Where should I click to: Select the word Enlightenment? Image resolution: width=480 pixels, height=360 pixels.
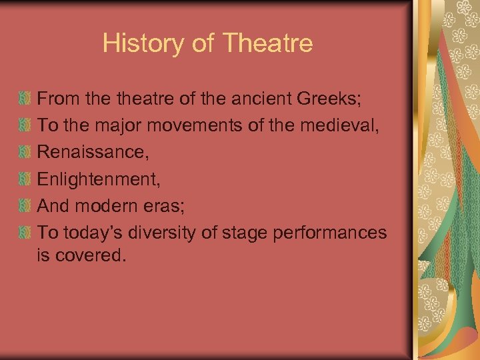click(x=97, y=179)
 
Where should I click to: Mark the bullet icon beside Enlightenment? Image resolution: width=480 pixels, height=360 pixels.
click(x=25, y=179)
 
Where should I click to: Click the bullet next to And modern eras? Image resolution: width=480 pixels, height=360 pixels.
click(x=25, y=206)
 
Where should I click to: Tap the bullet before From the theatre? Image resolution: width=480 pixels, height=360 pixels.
click(x=25, y=99)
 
